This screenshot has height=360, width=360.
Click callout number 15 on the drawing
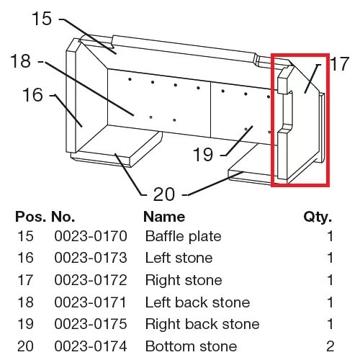[x=42, y=19]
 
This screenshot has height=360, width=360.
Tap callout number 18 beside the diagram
[x=21, y=60]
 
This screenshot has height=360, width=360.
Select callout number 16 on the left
[x=32, y=95]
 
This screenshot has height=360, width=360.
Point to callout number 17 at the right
[x=339, y=63]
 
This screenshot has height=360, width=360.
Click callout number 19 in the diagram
[x=203, y=154]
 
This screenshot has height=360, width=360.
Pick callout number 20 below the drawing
[x=164, y=194]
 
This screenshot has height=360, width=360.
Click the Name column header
[x=164, y=217]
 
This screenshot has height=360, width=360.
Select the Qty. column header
[x=318, y=217]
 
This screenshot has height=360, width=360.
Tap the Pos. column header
[x=30, y=217]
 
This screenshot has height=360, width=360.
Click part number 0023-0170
[x=91, y=236]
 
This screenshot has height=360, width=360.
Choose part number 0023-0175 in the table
[x=91, y=324]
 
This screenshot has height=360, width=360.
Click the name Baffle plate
[x=183, y=236]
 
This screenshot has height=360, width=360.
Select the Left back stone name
[x=197, y=302]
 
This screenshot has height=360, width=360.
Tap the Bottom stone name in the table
[x=191, y=346]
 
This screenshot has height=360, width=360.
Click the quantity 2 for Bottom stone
[x=330, y=346]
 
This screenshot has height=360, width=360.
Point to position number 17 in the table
[x=25, y=280]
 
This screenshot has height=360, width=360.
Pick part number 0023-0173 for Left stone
[x=91, y=258]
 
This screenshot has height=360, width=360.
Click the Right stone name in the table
[x=184, y=280]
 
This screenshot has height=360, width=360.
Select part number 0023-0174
[x=91, y=346]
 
